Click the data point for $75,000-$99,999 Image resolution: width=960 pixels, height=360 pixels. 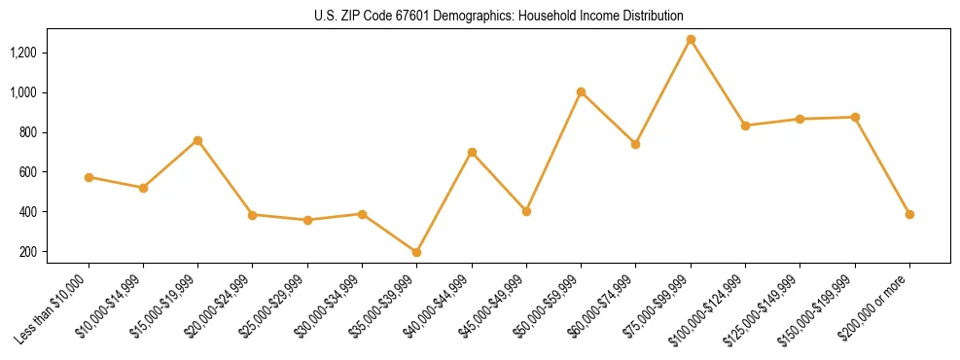click(x=691, y=40)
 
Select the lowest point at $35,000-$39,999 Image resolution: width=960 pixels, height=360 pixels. click(x=417, y=252)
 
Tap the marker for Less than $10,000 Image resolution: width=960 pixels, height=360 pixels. click(x=89, y=177)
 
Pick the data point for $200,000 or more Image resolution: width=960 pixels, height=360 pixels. click(x=909, y=214)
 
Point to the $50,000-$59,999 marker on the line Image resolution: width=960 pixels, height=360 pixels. click(x=581, y=92)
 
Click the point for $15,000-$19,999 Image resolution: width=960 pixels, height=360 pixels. click(x=197, y=140)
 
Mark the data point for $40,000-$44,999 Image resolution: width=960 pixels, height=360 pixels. click(x=472, y=152)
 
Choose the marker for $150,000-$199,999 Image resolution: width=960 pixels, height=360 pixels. click(x=855, y=117)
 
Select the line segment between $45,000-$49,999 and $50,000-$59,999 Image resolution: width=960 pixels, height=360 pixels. click(x=553, y=152)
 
